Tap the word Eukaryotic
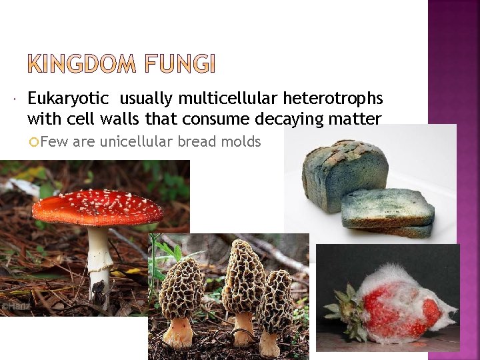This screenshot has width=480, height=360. (68, 99)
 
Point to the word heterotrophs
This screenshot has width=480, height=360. (333, 99)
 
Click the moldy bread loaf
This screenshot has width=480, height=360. (344, 173)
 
